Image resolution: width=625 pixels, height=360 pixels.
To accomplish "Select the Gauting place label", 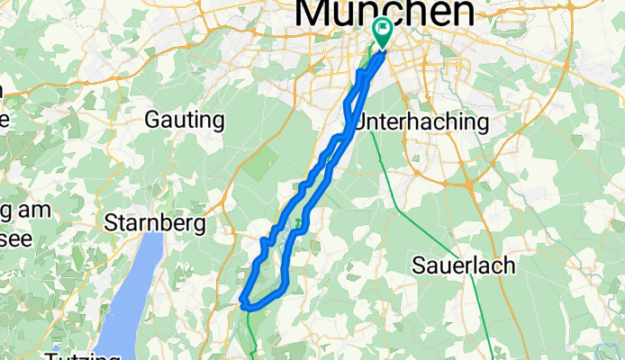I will pyautogui.click(x=185, y=120).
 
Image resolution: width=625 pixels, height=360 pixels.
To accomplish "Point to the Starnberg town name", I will pyautogui.click(x=155, y=221).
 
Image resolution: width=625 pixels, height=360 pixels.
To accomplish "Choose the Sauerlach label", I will pyautogui.click(x=463, y=265).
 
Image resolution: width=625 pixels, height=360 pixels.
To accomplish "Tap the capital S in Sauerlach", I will pyautogui.click(x=419, y=265).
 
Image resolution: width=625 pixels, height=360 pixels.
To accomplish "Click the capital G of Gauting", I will pyautogui.click(x=152, y=120).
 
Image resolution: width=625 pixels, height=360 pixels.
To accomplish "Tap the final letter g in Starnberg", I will pyautogui.click(x=199, y=224).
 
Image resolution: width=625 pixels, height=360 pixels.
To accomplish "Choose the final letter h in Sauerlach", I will pyautogui.click(x=508, y=265).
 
